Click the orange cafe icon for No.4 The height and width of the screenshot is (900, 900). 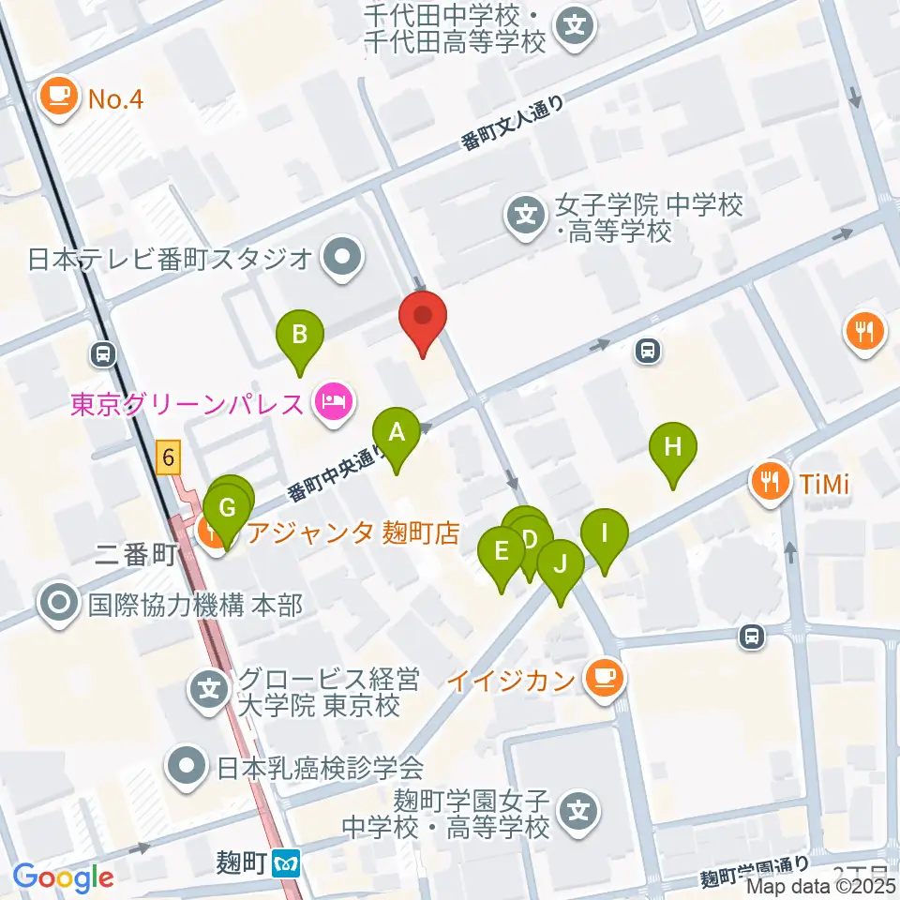(59, 97)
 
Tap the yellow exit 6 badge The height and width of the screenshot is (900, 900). (168, 458)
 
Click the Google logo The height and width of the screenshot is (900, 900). (63, 878)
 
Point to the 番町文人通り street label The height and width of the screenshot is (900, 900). (514, 124)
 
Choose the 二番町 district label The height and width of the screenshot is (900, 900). (136, 555)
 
